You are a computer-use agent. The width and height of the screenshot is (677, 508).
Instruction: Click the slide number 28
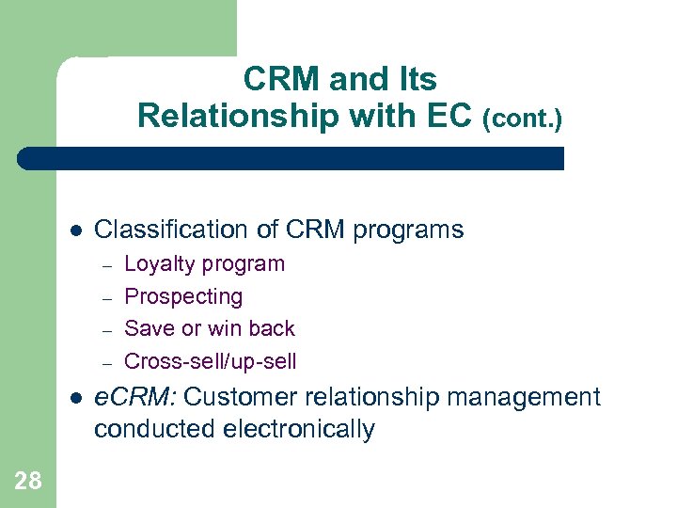click(x=28, y=482)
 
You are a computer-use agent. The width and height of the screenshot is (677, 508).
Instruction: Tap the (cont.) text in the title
click(x=522, y=119)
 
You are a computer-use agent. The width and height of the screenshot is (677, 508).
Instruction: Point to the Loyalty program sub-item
click(x=204, y=263)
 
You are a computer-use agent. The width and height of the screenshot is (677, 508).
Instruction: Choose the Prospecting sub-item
click(x=183, y=296)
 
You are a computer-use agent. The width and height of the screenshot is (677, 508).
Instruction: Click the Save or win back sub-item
click(x=210, y=328)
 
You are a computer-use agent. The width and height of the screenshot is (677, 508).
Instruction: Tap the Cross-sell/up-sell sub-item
click(x=211, y=360)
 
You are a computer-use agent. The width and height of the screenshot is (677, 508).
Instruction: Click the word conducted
click(x=151, y=430)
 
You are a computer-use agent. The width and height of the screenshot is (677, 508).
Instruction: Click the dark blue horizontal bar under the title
click(x=291, y=158)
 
